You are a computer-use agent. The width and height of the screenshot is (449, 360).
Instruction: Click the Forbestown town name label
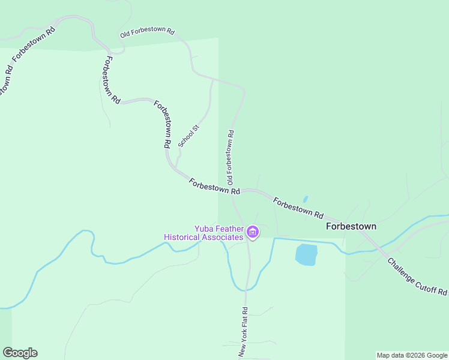tap(351, 227)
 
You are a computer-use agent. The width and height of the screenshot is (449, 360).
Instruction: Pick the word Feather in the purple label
tap(230, 229)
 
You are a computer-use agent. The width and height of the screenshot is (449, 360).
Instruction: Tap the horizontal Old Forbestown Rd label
tap(147, 32)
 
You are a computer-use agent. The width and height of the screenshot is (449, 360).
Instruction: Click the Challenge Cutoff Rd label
tap(418, 277)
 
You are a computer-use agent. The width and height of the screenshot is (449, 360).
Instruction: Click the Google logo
tap(20, 353)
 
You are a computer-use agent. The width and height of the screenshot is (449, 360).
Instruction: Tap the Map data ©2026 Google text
tap(412, 355)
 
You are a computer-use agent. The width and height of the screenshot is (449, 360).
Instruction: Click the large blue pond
tap(306, 254)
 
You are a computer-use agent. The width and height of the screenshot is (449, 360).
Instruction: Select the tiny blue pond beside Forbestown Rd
tap(306, 199)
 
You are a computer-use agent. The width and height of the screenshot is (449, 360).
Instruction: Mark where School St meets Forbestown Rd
tap(176, 166)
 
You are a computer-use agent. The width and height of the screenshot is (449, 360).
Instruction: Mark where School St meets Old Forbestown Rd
tap(213, 79)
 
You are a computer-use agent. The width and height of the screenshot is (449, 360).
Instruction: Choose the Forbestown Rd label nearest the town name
tap(298, 208)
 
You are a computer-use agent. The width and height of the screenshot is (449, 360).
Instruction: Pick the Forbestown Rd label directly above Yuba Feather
tap(214, 186)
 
